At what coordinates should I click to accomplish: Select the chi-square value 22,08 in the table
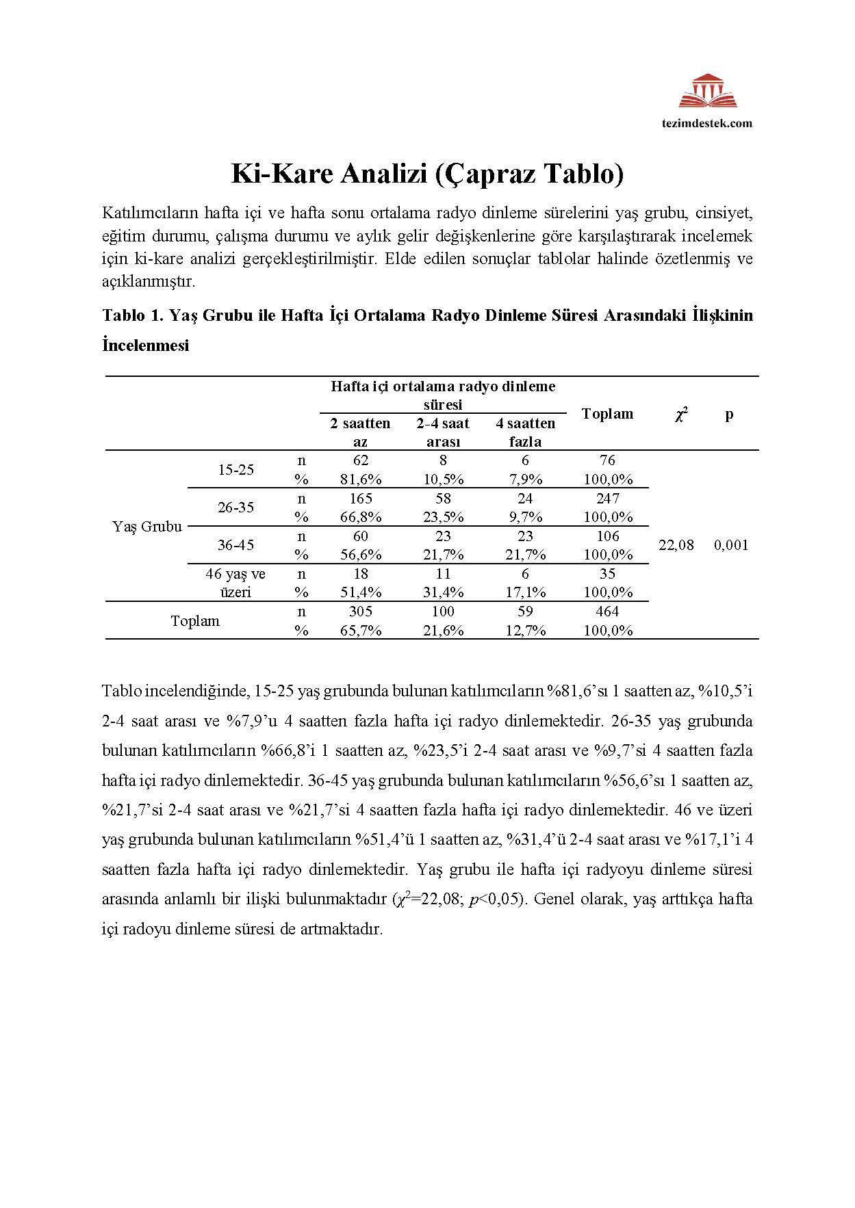676,545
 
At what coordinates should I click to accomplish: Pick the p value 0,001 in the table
730,545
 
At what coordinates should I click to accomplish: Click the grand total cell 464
607,612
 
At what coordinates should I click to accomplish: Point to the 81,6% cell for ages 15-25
360,480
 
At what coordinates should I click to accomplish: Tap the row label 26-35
235,507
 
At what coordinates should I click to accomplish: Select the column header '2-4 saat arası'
443,432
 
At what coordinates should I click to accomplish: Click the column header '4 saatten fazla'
525,432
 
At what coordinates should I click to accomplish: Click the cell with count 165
360,499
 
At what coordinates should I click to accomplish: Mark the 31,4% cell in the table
443,592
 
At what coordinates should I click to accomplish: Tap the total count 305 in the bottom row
360,612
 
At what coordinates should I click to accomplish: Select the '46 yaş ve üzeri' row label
235,583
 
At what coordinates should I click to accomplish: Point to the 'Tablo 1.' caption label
133,315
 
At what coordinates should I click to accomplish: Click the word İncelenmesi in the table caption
145,345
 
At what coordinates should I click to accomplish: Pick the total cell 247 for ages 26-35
607,499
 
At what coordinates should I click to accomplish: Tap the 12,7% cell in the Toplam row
525,631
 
